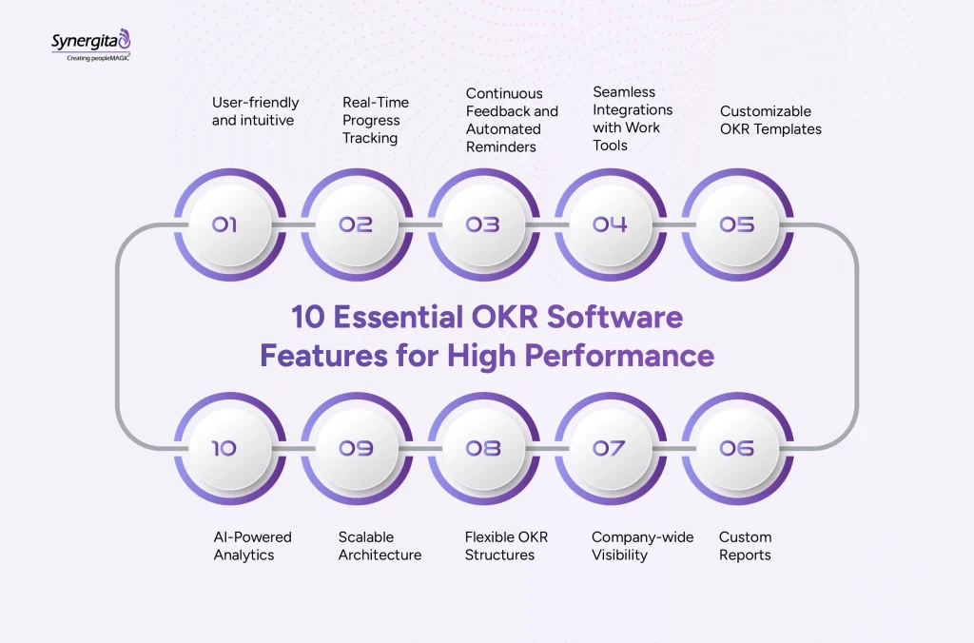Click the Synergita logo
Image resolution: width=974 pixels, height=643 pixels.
[x=90, y=45]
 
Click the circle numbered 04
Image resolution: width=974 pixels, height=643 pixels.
[x=610, y=224]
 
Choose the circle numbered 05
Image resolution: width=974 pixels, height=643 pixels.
[x=737, y=224]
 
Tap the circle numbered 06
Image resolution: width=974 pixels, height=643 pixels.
[x=737, y=448]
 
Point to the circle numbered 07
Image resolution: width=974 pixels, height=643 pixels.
[x=610, y=448]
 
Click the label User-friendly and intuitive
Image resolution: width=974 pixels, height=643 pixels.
[x=255, y=111]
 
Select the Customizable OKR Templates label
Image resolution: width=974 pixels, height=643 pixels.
[x=770, y=120]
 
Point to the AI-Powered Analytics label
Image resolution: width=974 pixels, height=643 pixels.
[x=252, y=545]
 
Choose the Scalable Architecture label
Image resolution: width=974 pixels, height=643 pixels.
[x=380, y=545]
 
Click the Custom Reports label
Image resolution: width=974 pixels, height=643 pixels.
[x=746, y=545]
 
